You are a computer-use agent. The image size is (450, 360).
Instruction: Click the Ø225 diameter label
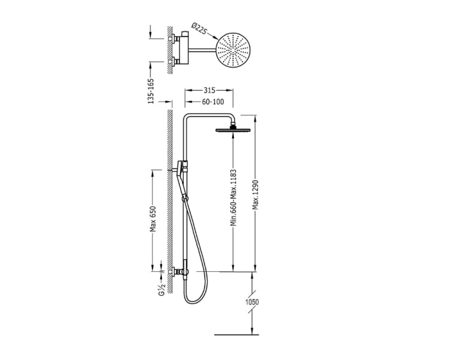click(x=199, y=28)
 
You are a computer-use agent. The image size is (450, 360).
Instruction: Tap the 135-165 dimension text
click(x=151, y=91)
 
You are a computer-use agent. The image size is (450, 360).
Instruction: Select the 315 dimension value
click(x=209, y=91)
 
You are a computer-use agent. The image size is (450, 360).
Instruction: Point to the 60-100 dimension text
click(x=213, y=101)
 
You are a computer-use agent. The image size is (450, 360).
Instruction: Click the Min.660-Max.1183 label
click(x=233, y=197)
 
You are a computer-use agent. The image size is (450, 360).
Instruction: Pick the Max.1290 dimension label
click(x=255, y=194)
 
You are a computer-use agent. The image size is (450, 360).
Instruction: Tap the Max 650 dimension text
click(x=153, y=219)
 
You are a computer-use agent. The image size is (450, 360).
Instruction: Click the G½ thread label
click(x=162, y=289)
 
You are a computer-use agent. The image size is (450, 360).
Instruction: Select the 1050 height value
click(x=252, y=302)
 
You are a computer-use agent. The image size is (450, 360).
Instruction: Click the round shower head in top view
click(x=233, y=50)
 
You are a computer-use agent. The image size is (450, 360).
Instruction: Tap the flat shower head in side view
click(x=233, y=130)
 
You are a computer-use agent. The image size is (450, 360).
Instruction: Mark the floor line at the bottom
click(x=236, y=335)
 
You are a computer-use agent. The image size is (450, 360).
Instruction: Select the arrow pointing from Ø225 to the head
click(x=212, y=36)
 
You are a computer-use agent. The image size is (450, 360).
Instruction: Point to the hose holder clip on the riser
click(x=185, y=198)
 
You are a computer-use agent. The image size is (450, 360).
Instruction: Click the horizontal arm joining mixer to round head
click(x=202, y=50)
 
